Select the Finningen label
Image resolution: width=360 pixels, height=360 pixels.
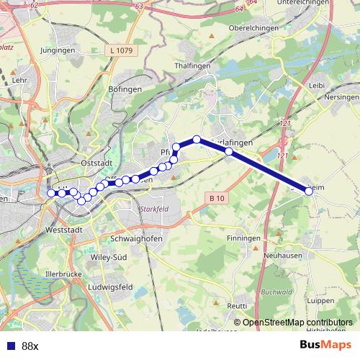coord(242,238)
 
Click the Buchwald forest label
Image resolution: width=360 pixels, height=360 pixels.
coord(274,292)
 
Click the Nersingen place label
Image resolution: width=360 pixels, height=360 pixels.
coord(341,96)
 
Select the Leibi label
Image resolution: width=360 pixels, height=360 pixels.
coord(317,85)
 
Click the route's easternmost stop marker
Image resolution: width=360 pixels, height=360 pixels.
coord(310,191)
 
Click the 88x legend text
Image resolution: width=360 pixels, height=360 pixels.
coord(30,346)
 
